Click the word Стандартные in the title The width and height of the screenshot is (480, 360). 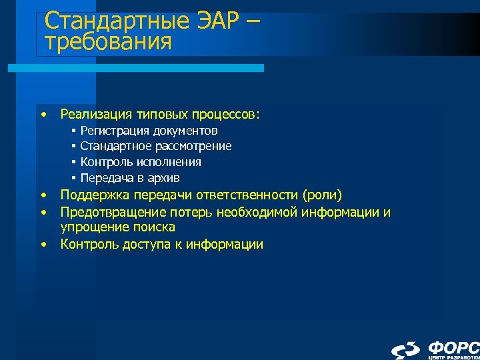(113, 22)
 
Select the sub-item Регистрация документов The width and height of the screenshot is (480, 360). (149, 131)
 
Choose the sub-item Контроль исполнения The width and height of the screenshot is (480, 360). (141, 162)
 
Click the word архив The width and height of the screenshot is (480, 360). (164, 178)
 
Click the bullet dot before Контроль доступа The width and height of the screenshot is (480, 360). (43, 244)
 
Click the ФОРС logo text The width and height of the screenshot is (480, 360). (453, 347)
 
